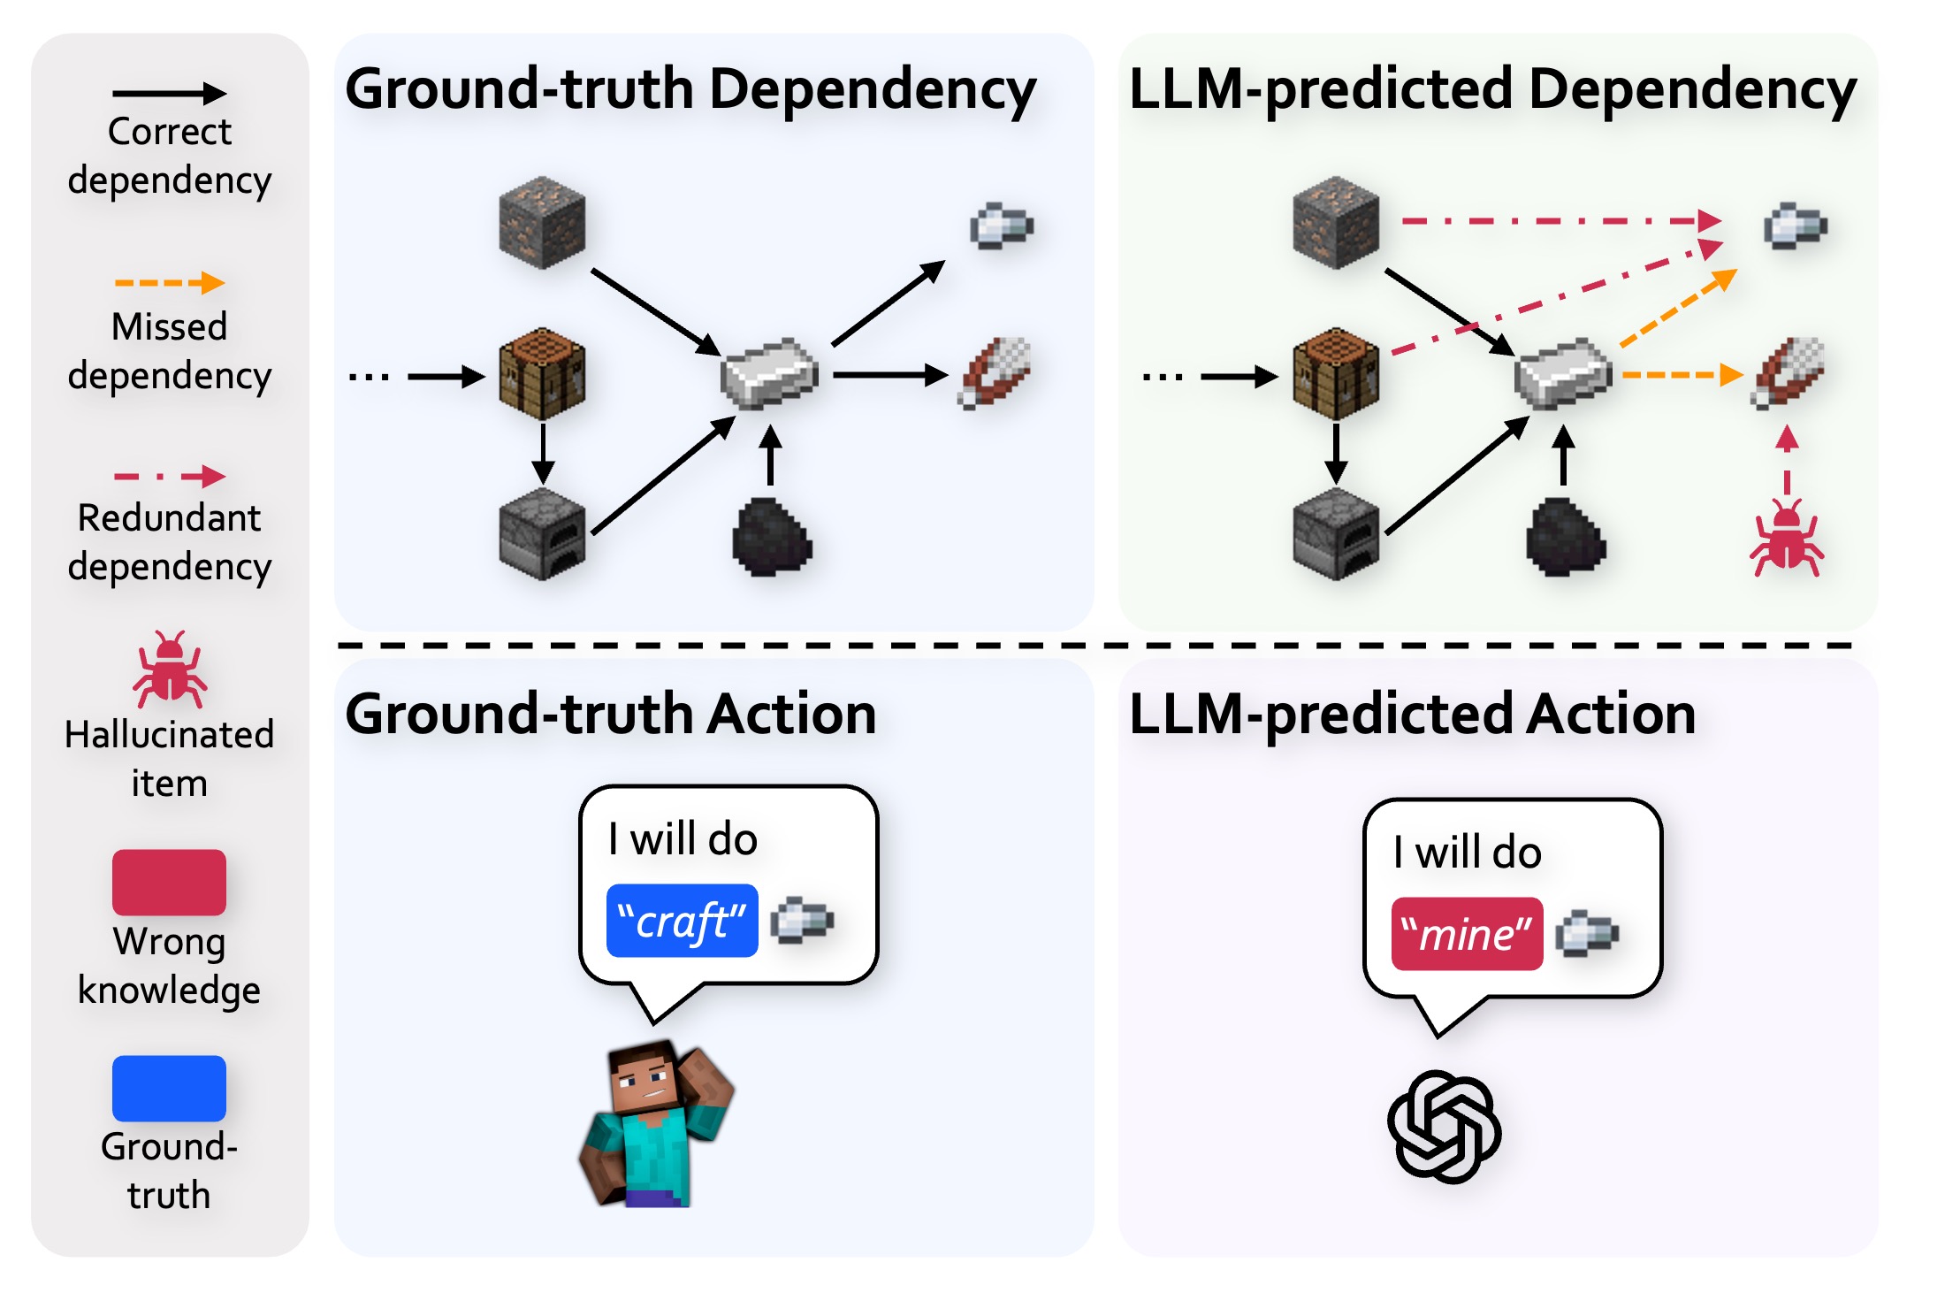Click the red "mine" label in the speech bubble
pos(1466,935)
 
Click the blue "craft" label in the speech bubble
pos(682,921)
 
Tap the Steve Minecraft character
pos(656,1125)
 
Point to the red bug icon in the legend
pos(170,669)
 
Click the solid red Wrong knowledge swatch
pos(169,882)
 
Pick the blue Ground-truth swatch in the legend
pos(169,1088)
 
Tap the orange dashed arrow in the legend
pos(169,283)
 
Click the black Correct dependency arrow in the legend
pos(169,93)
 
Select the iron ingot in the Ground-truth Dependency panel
pos(768,374)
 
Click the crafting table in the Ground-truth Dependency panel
pos(542,374)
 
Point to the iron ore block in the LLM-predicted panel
pos(1335,222)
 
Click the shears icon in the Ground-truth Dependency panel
pos(995,372)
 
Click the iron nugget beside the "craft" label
pos(802,921)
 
